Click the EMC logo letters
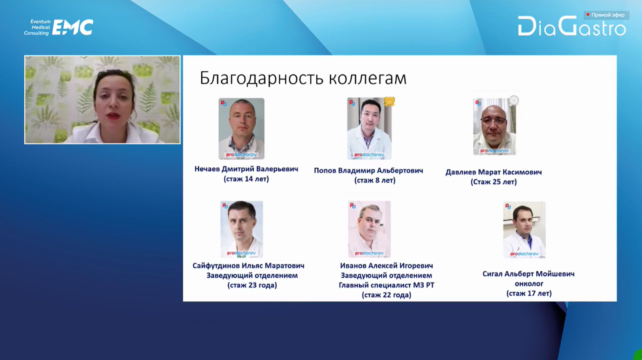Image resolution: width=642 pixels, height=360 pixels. click(x=73, y=27)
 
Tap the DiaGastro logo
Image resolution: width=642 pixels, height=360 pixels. click(x=572, y=26)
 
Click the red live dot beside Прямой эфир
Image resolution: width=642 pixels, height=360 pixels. click(x=588, y=15)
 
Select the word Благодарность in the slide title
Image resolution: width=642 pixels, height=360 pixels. click(x=262, y=78)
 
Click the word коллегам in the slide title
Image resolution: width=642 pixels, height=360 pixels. click(x=368, y=79)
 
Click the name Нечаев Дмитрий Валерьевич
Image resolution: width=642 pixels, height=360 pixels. click(x=246, y=169)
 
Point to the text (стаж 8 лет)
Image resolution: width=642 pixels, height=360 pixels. click(x=375, y=180)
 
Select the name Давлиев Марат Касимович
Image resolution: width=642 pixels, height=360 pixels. click(x=493, y=172)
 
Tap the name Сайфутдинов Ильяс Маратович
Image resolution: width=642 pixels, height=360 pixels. click(x=248, y=266)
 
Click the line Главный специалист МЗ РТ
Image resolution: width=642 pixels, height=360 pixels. click(x=386, y=285)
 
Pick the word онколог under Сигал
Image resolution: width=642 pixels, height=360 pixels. click(x=529, y=283)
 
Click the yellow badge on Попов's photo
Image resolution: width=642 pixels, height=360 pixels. click(x=390, y=102)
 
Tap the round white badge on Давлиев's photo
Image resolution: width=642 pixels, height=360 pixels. click(x=514, y=100)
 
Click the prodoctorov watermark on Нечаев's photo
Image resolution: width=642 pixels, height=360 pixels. click(x=241, y=155)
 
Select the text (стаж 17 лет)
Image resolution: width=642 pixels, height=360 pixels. click(x=529, y=293)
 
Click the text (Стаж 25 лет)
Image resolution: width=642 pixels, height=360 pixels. click(x=493, y=182)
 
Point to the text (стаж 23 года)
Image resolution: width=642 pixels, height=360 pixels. click(x=252, y=285)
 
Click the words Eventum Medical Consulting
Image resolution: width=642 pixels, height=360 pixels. click(x=37, y=27)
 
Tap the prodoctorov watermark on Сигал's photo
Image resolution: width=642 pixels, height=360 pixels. click(x=524, y=253)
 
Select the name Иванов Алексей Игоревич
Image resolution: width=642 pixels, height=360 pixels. click(x=386, y=266)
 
